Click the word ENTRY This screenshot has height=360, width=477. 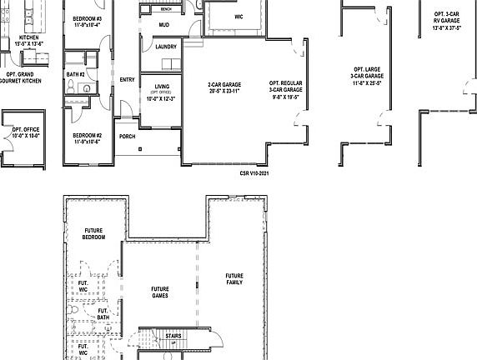tap(128, 80)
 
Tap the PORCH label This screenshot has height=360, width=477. tap(128, 136)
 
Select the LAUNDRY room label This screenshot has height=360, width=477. tap(166, 47)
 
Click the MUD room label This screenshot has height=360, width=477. tap(164, 26)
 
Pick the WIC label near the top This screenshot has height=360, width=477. tap(238, 16)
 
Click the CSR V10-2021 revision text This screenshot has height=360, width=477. tap(254, 173)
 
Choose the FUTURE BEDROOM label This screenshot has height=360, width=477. tap(93, 234)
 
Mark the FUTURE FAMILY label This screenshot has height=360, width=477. tap(234, 279)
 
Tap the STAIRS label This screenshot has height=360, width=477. tap(173, 336)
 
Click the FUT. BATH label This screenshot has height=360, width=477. tap(103, 312)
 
